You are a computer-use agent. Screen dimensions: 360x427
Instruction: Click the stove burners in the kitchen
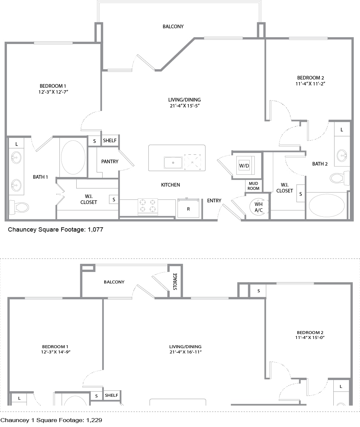148,206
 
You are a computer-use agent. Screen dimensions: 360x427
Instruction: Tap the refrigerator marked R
188,208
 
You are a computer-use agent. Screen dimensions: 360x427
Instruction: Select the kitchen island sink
173,163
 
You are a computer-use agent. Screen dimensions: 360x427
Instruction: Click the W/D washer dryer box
245,165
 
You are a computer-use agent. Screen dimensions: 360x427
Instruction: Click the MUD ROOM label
253,186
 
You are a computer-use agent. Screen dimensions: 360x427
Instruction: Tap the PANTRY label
110,162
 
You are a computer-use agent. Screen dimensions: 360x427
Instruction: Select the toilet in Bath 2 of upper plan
340,178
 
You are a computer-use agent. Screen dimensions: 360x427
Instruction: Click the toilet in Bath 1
19,207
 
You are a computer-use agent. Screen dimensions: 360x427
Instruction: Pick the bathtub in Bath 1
73,157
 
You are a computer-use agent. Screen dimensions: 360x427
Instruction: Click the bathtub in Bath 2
327,205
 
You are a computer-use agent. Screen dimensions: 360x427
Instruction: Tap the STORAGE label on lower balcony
175,281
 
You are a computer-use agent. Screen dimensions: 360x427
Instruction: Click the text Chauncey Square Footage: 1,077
56,230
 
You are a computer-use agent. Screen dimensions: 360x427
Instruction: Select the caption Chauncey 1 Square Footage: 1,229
51,420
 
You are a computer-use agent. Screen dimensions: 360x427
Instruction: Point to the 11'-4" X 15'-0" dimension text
310,337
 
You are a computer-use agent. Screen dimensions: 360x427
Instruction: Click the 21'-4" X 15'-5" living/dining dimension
185,106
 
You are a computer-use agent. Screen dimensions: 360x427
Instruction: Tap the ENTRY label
214,201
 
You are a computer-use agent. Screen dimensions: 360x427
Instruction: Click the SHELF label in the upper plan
110,141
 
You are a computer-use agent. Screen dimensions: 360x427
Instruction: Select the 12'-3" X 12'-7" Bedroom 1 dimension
53,92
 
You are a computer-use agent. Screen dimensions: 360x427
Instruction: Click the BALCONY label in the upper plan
173,27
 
